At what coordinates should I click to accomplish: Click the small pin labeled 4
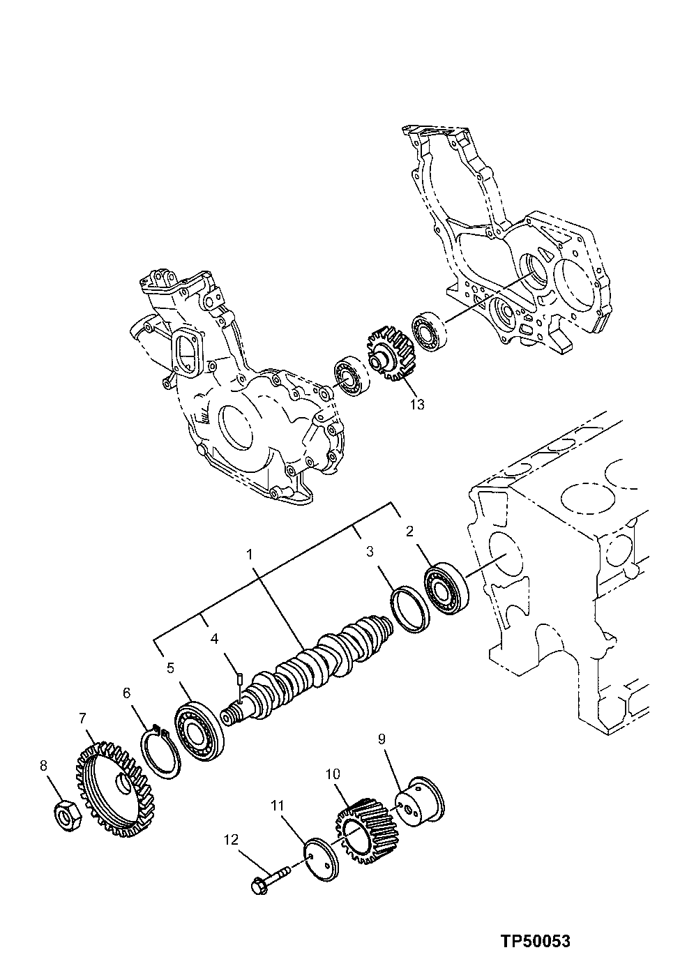tap(239, 674)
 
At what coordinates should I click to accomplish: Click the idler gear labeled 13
tap(388, 355)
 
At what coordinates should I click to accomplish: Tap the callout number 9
tap(382, 738)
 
